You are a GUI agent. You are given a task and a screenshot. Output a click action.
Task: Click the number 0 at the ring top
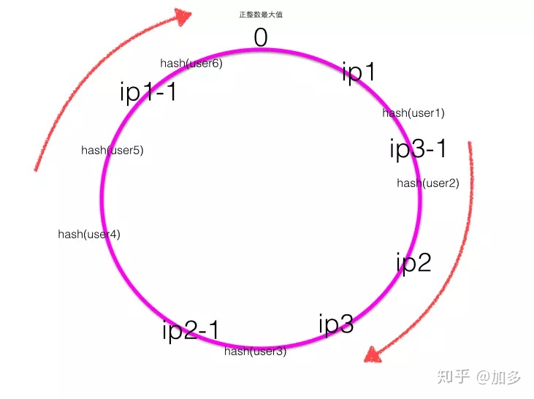point(261,37)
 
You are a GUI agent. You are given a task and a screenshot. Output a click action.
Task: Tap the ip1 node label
point(359,72)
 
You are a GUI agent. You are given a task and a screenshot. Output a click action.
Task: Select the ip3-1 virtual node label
point(418,148)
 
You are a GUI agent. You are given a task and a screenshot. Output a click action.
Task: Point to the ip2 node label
point(413,262)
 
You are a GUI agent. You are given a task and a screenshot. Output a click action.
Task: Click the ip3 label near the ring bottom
point(336,324)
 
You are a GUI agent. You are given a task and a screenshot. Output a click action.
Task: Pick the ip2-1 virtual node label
point(191,330)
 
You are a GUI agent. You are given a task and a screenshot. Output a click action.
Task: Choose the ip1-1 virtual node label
point(148,92)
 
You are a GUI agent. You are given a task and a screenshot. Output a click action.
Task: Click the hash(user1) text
point(413,113)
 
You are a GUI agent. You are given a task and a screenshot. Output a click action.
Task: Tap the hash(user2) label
point(428,183)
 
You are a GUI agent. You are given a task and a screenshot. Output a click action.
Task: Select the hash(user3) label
point(255,351)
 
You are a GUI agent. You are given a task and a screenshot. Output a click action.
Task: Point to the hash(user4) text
point(89,235)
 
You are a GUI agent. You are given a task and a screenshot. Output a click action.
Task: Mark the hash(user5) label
point(112,151)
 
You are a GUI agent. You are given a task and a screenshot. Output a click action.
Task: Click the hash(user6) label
point(191,64)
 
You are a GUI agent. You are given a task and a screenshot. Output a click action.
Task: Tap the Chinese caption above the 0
point(261,15)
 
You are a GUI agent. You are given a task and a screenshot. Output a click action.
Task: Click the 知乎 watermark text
point(454,377)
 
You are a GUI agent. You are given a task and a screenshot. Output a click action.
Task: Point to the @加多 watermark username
point(499,377)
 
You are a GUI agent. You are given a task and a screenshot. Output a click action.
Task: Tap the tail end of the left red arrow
point(36,170)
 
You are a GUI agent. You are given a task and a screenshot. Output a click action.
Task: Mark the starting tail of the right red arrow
point(470,144)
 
